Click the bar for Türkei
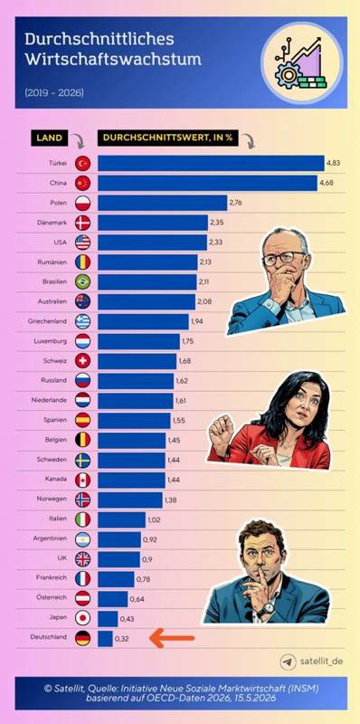tap(211, 164)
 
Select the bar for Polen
tap(163, 203)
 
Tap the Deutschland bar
tap(105, 639)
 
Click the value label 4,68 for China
tap(326, 184)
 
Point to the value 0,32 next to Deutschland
tap(122, 639)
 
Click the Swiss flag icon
tap(82, 361)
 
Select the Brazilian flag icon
tap(82, 281)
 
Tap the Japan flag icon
tap(82, 618)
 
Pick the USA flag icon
tap(82, 243)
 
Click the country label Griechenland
tap(48, 321)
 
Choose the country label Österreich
tap(52, 597)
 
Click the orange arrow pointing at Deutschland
tap(172, 639)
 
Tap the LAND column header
tap(50, 138)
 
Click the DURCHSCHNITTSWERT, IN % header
tap(168, 138)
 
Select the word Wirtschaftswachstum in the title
tap(113, 60)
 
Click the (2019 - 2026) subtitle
tap(54, 93)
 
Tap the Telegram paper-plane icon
tap(288, 662)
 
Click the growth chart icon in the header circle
tap(302, 63)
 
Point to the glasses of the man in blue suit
tap(283, 257)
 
